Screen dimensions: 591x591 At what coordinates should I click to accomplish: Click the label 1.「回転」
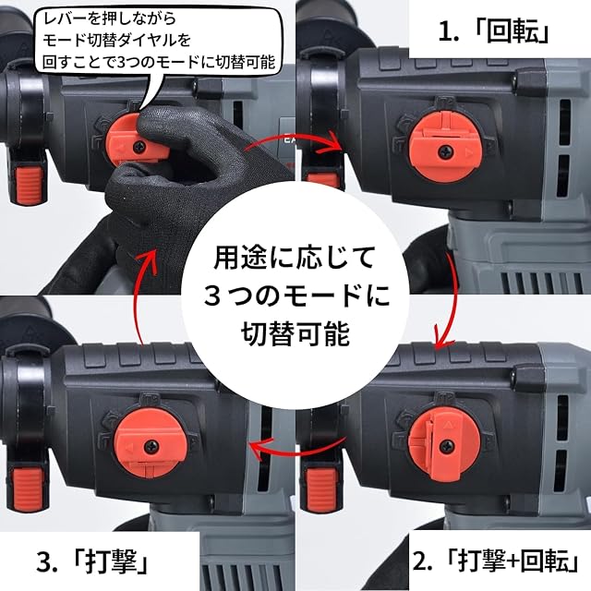point(493,32)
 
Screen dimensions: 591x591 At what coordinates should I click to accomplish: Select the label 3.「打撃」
point(92,561)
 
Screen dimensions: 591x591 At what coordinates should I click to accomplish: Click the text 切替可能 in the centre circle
point(295,333)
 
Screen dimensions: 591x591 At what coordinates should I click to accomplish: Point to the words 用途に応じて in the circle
point(295,259)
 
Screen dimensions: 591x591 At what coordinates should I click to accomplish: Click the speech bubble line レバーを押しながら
point(109,18)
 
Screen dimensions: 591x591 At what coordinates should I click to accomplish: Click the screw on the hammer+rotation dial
point(447,446)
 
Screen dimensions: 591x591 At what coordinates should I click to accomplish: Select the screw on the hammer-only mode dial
point(151,446)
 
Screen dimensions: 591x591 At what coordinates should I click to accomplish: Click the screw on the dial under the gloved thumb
point(139,147)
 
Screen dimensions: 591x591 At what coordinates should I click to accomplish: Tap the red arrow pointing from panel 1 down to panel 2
point(449,302)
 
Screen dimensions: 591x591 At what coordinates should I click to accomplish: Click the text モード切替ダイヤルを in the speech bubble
point(117,41)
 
